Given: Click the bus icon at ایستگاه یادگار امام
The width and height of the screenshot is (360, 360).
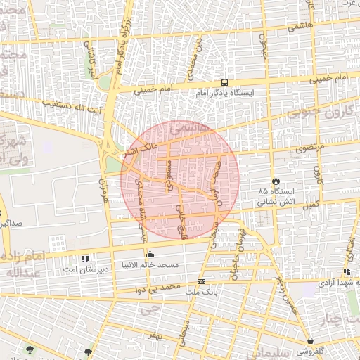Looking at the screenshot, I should pos(224,82).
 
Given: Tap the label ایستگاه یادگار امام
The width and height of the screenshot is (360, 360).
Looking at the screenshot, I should pos(224,93).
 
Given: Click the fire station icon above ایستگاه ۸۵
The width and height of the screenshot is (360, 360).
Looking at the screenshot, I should pos(276,181).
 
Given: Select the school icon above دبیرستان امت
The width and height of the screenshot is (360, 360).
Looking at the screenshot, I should pos(86,258).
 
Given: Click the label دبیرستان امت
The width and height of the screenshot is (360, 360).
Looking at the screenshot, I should pos(86,269).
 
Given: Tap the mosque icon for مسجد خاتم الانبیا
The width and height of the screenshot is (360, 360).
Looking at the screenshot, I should pos(149,255).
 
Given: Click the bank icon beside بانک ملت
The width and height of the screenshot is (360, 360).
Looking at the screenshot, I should pos(202,282).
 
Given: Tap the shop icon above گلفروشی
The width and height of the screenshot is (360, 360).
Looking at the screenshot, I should pos(310,340).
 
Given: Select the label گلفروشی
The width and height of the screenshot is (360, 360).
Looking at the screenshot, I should pos(310,351).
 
